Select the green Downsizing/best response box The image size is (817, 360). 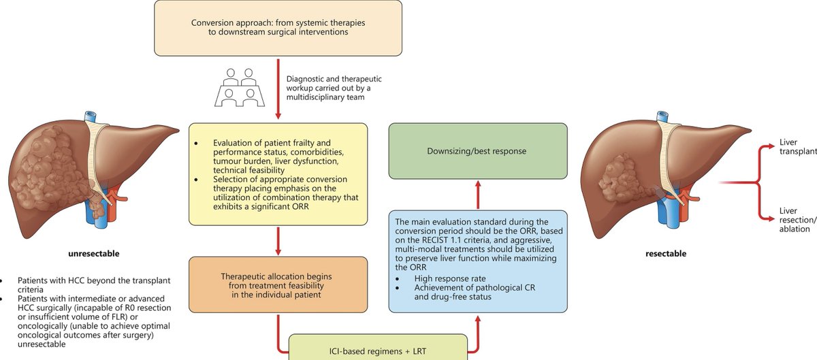point(477,151)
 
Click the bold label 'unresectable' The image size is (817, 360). point(93,254)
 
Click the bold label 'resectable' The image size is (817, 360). point(666,254)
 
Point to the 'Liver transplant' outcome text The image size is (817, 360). point(797,148)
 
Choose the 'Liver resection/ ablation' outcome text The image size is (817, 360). point(797,220)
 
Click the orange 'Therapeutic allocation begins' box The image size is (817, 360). point(278,285)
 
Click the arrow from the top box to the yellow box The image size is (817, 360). point(278,88)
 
